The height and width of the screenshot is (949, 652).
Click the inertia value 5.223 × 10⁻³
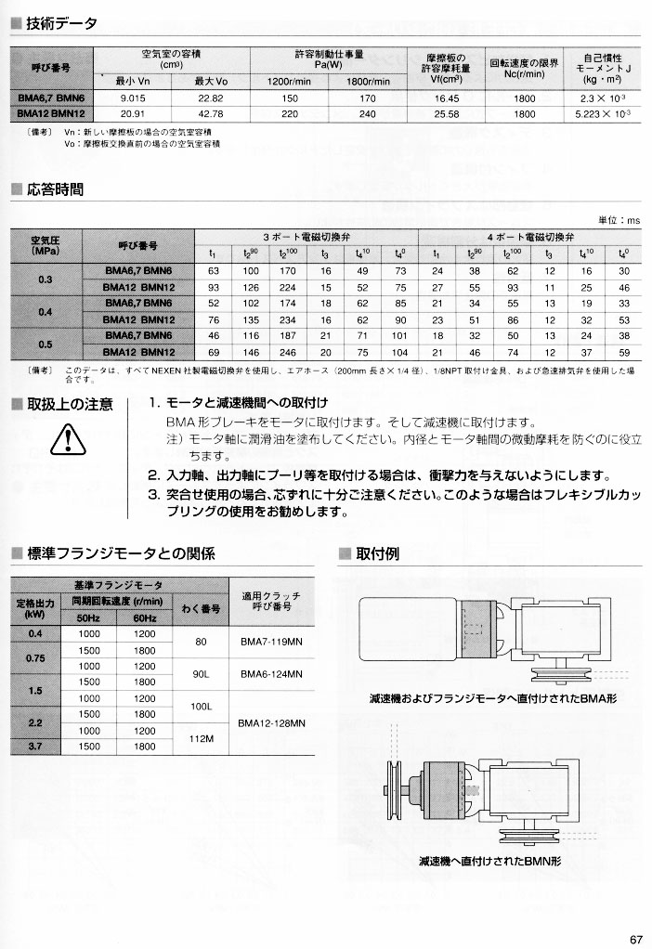point(604,113)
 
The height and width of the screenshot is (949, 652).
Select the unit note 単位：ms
point(619,220)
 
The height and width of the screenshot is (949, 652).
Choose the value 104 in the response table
point(400,353)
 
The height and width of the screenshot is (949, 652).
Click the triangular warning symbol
point(68,440)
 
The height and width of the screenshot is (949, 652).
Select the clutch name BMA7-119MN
point(267,641)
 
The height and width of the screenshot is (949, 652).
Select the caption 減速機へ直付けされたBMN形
point(489,861)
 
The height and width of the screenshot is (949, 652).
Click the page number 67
point(635,938)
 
